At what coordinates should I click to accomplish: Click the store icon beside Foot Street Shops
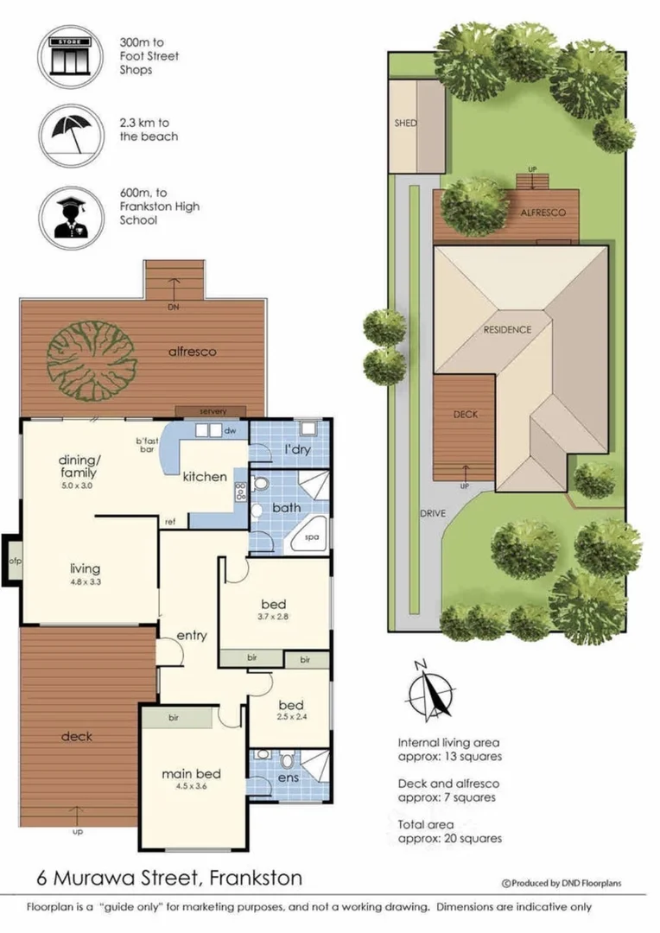click(71, 56)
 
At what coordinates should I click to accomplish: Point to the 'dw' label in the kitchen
click(231, 430)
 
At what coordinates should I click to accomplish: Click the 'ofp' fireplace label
click(15, 561)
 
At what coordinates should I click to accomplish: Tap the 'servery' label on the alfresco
click(213, 411)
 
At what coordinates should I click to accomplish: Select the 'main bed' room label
click(191, 773)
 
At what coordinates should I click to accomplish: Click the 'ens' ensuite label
click(289, 777)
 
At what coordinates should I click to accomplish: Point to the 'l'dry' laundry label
click(297, 449)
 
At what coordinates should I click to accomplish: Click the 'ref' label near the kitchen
click(170, 522)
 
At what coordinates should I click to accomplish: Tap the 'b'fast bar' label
click(146, 445)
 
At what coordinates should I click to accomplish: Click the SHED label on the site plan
click(406, 124)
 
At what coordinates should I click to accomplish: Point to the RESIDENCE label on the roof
click(507, 330)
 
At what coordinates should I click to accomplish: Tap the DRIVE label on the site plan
click(433, 513)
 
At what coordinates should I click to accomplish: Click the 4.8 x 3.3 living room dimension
click(86, 582)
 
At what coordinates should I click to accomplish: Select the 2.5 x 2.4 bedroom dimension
click(292, 717)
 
